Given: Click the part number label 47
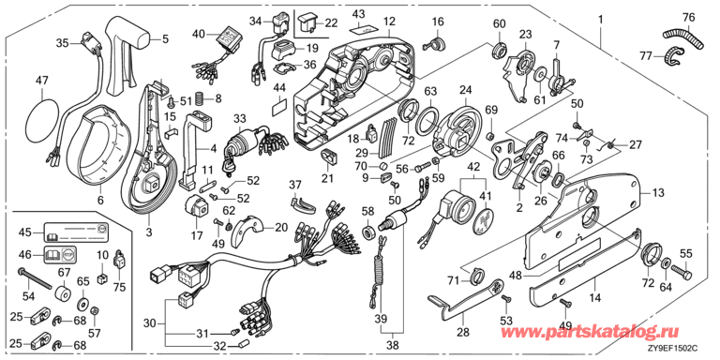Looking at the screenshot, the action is [42, 82].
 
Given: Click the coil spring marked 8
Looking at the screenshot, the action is [199, 98].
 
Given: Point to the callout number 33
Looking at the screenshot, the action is [239, 118].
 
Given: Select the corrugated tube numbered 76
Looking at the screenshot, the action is [683, 37].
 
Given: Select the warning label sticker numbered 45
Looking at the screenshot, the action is [76, 232].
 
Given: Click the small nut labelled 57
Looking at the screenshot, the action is [94, 311].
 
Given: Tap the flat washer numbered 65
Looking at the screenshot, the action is [84, 303].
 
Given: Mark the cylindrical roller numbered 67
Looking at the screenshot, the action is [63, 292].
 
